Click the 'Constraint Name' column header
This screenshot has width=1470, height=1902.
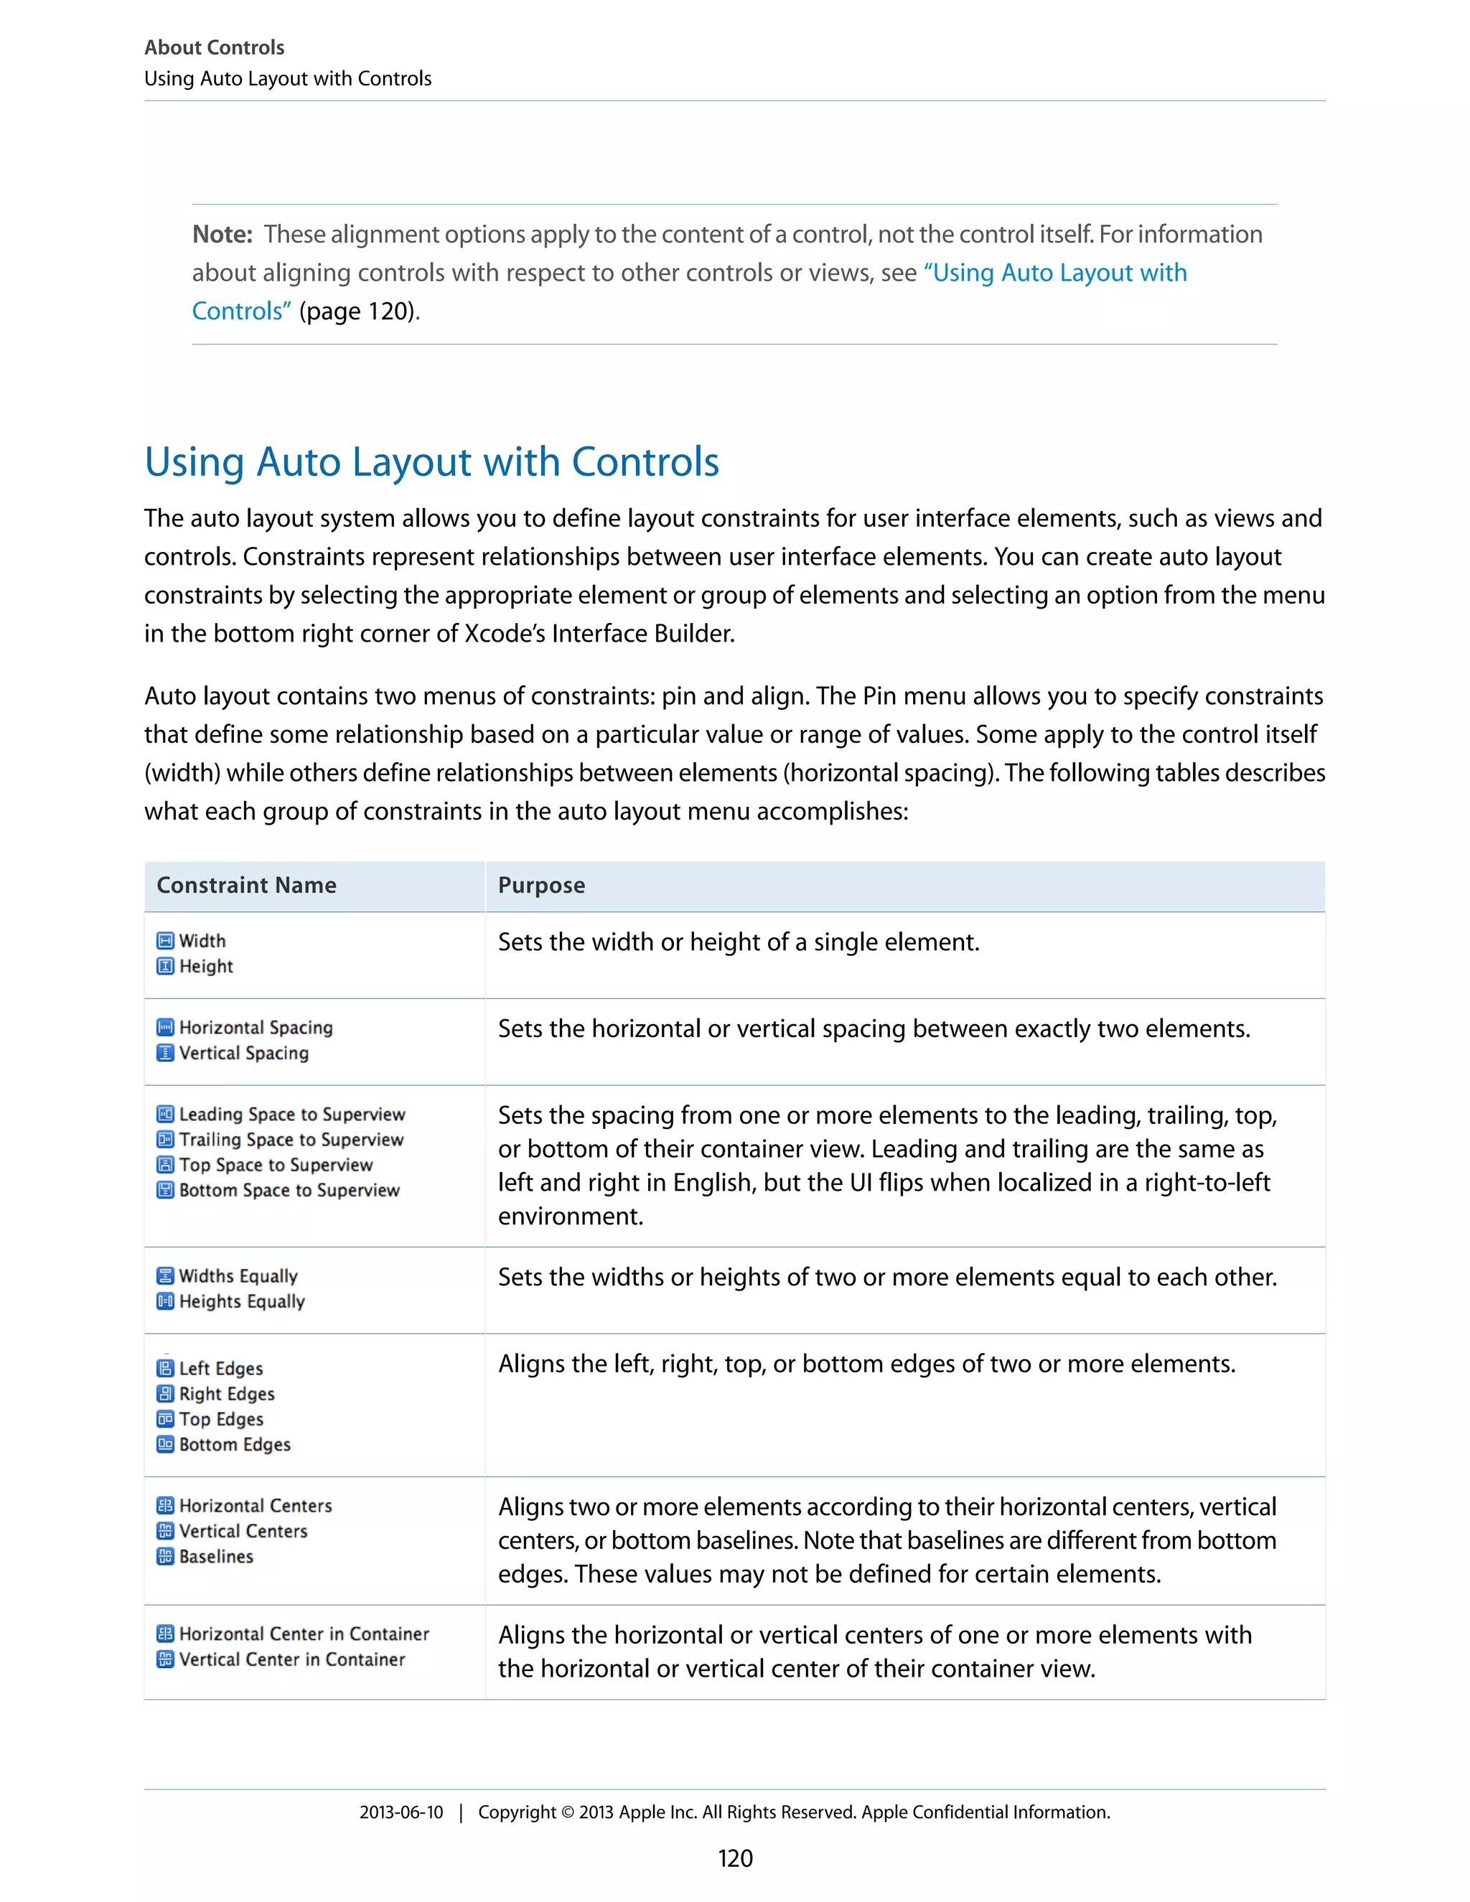coord(245,885)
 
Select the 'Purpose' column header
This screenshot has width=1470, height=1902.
coord(540,885)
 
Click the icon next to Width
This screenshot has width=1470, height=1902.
coord(164,940)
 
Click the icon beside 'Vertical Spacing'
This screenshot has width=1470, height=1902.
coord(164,1053)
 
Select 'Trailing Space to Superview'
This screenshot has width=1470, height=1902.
coord(291,1139)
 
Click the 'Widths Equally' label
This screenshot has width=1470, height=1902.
coord(238,1276)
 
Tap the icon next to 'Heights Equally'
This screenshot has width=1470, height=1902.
coord(164,1301)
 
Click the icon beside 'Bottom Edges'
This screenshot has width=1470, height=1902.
coord(164,1444)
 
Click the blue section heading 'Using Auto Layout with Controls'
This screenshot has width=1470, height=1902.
coord(431,462)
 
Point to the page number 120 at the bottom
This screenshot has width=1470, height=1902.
coord(735,1858)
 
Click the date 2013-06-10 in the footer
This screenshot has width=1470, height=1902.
coord(401,1812)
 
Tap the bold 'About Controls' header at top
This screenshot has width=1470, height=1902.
coord(214,47)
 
